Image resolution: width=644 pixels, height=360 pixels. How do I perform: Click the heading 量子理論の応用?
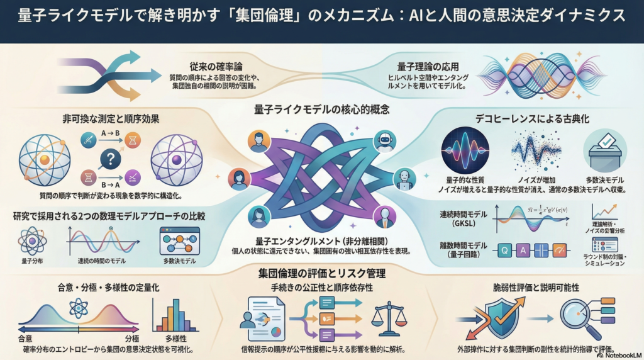(x=428, y=65)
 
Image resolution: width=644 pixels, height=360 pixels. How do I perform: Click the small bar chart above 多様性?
(x=171, y=315)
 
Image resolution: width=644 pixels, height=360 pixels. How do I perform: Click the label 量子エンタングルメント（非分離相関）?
(x=321, y=241)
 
